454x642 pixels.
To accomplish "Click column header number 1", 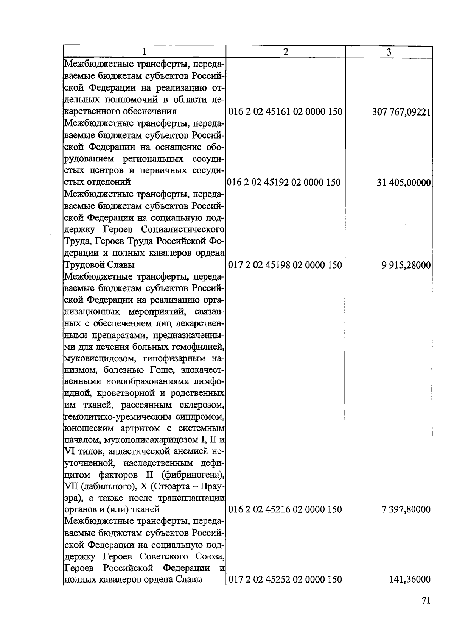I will coord(144,52).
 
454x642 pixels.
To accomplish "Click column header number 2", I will coord(286,52).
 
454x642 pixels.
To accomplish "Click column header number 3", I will coord(389,52).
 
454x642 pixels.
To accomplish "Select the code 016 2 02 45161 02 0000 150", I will coord(286,112).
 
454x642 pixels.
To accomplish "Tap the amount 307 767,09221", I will coord(401,112).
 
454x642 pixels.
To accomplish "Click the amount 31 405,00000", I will coord(404,183).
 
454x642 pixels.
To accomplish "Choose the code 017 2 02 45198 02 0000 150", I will coord(286,265).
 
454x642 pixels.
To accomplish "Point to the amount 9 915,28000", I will coord(406,265).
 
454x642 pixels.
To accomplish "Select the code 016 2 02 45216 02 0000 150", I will coord(286,509).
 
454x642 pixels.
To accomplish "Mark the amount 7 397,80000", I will coord(406,509).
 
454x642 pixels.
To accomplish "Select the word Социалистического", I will coord(183,230).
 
